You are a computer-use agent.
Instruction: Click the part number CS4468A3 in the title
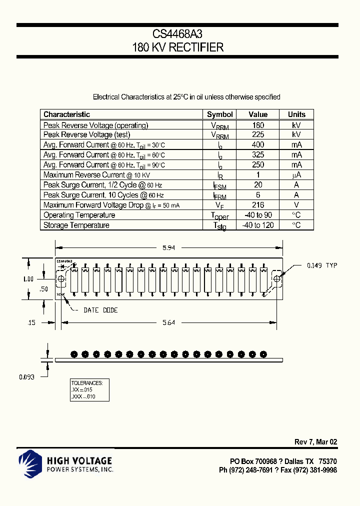click(177, 34)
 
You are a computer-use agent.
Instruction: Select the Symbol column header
click(220, 114)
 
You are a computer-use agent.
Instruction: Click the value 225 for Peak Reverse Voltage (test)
click(258, 135)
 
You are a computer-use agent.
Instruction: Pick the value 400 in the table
click(258, 145)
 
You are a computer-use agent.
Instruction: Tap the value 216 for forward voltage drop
click(258, 205)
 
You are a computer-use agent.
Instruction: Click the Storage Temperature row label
click(76, 225)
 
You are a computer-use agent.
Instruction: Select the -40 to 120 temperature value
click(258, 225)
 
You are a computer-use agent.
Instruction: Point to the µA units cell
click(296, 175)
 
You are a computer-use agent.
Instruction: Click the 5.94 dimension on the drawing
click(169, 247)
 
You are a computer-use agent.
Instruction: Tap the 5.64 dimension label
click(169, 323)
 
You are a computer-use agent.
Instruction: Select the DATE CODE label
click(100, 310)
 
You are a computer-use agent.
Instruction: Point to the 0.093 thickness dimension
click(27, 377)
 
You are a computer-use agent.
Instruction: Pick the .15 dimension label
click(31, 323)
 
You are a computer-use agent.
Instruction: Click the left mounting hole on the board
click(61, 279)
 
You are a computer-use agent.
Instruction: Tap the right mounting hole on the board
click(277, 279)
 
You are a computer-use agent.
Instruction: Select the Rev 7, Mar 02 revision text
click(315, 442)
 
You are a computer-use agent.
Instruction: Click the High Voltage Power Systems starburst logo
click(31, 462)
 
